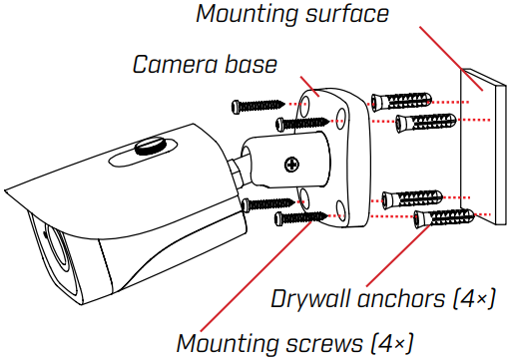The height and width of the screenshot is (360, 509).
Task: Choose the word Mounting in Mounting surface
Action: (x=238, y=15)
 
